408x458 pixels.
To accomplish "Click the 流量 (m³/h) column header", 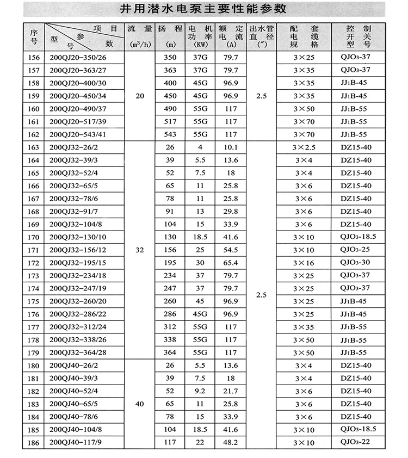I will pyautogui.click(x=140, y=36).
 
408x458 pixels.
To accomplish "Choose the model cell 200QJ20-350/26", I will pyautogui.click(x=78, y=57).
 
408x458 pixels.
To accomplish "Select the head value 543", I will pyautogui.click(x=169, y=134).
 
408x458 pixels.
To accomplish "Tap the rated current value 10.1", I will pyautogui.click(x=230, y=147).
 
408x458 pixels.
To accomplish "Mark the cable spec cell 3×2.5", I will pyautogui.click(x=304, y=147).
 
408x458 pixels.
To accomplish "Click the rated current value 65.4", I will pyautogui.click(x=230, y=263).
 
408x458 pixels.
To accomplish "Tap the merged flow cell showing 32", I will pyautogui.click(x=140, y=250).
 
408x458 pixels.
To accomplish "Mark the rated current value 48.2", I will pyautogui.click(x=230, y=443).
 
